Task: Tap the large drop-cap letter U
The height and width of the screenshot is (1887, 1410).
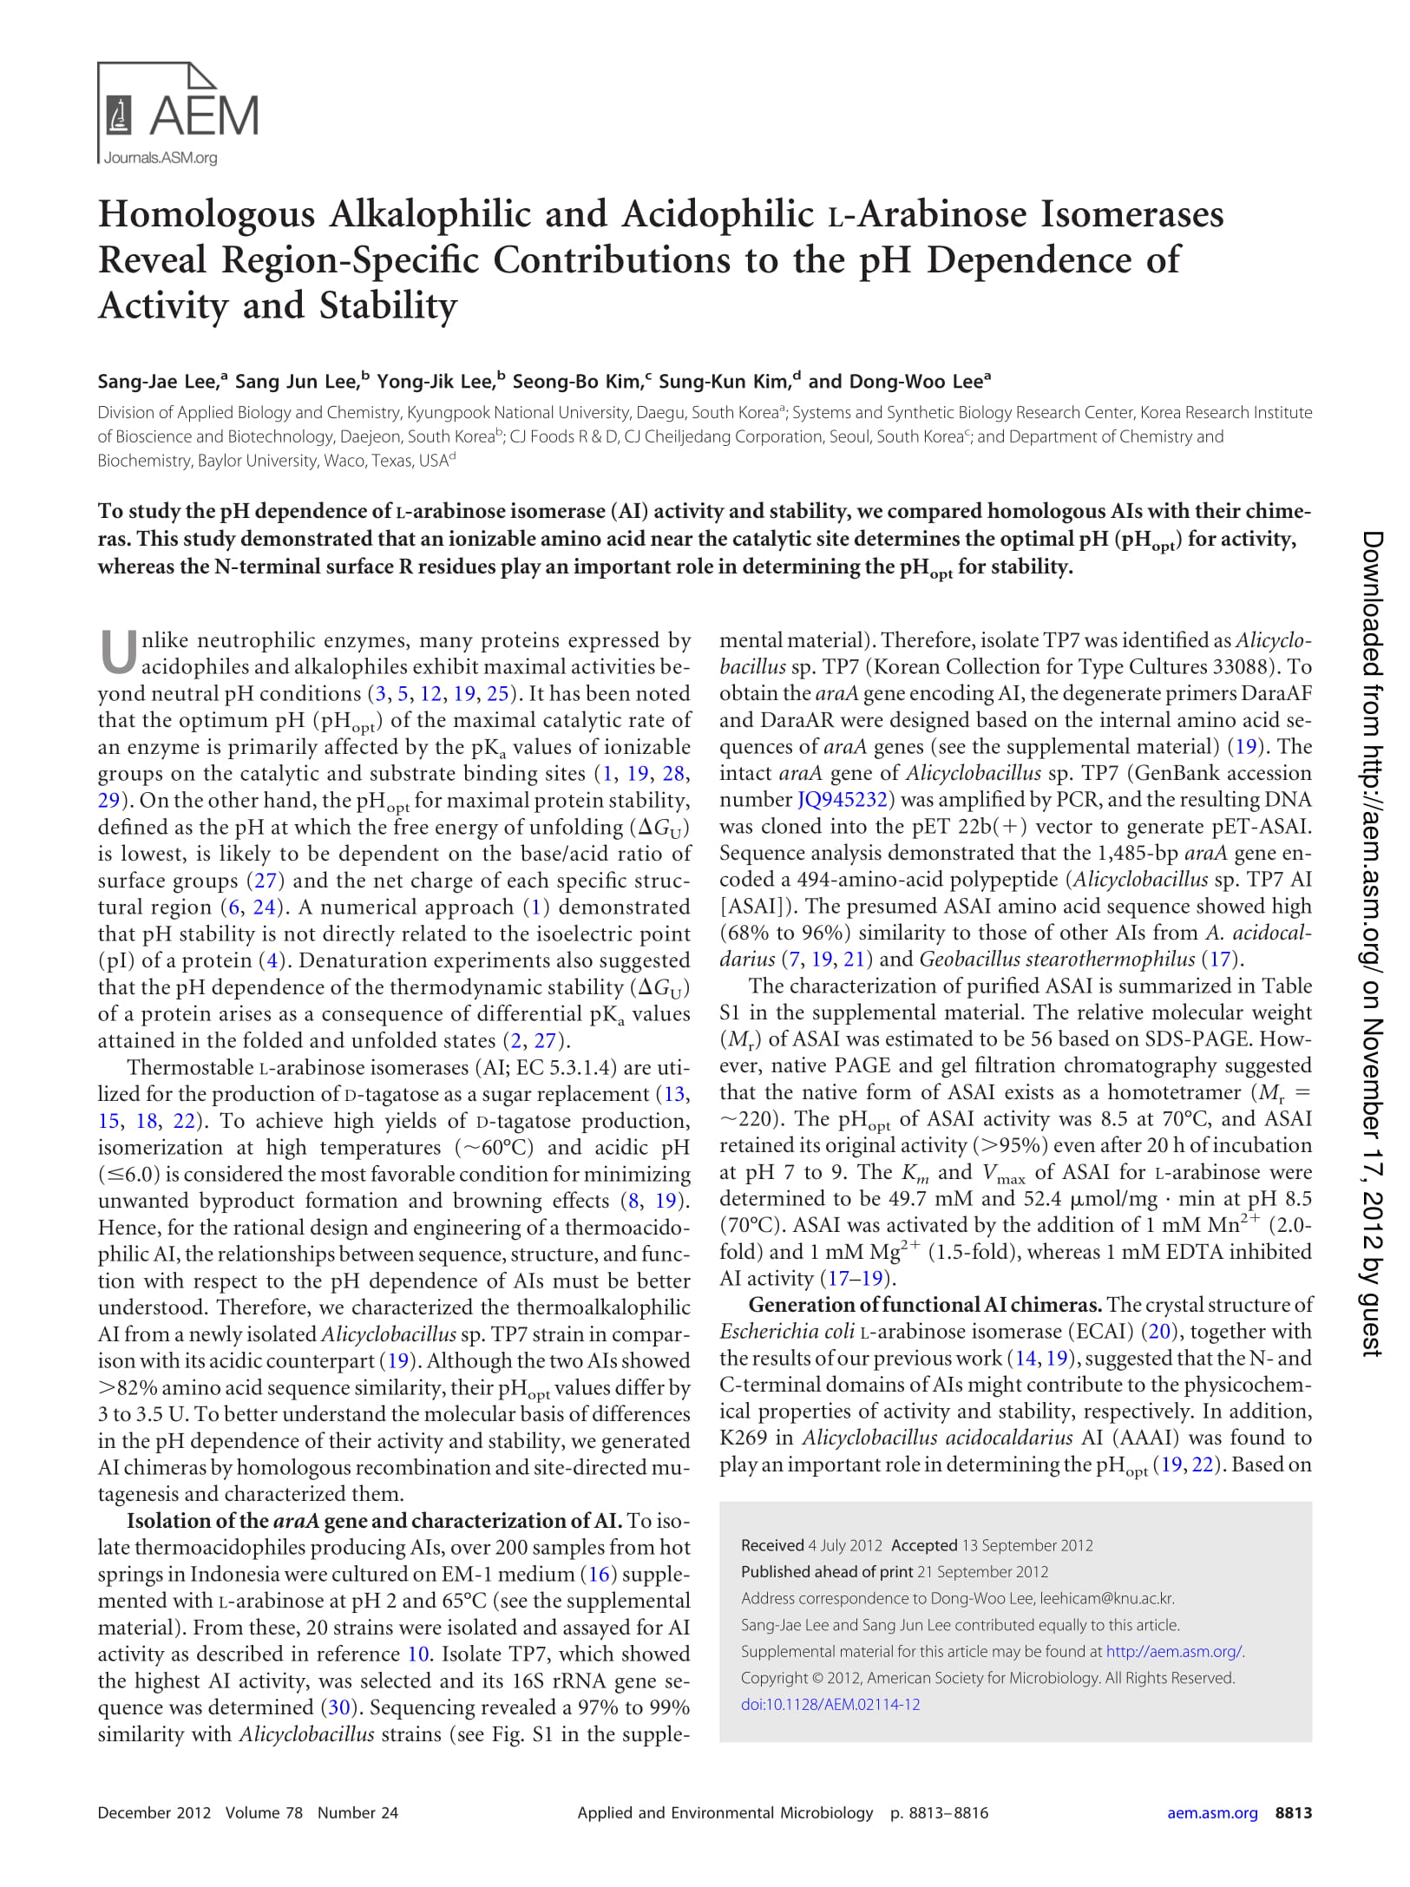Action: tap(118, 653)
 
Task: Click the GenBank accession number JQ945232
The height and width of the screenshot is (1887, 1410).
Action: tap(842, 800)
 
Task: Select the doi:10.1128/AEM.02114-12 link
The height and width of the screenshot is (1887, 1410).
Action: tap(830, 1704)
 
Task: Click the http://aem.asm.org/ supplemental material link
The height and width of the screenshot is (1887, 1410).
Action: tap(1174, 1651)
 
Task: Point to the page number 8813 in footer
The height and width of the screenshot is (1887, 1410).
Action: tap(1293, 1812)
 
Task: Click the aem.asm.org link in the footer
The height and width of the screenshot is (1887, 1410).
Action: tap(1211, 1812)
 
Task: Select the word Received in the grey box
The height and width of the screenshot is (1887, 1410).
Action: tap(772, 1545)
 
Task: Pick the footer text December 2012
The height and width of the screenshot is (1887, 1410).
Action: tap(154, 1812)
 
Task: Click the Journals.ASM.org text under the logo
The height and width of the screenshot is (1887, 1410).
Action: tap(161, 158)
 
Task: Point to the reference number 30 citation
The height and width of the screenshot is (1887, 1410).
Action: tap(338, 1707)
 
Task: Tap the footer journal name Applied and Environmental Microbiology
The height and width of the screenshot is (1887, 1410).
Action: tap(725, 1812)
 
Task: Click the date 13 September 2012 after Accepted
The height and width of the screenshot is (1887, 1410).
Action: tap(1027, 1545)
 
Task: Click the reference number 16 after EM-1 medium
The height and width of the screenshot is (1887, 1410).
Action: tap(599, 1574)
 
